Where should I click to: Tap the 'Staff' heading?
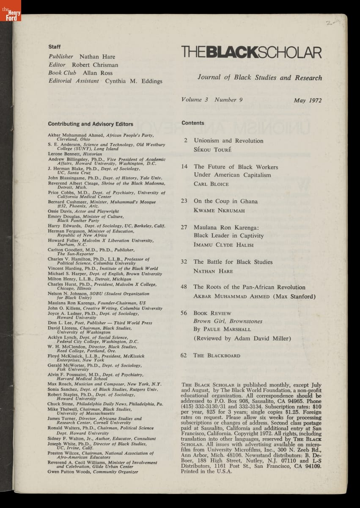[55, 47]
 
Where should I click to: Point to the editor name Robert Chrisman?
[95, 65]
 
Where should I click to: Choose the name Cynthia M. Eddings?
[134, 81]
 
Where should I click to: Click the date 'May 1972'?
[308, 101]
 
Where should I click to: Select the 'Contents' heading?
[193, 123]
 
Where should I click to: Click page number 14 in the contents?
[184, 166]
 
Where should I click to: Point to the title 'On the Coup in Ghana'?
[225, 201]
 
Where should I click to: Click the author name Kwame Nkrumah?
[219, 210]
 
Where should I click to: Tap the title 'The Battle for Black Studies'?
[233, 262]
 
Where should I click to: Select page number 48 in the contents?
[184, 287]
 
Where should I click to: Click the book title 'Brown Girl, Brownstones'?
[222, 321]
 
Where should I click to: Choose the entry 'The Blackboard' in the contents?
[217, 356]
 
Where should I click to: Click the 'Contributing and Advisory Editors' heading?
[91, 124]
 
